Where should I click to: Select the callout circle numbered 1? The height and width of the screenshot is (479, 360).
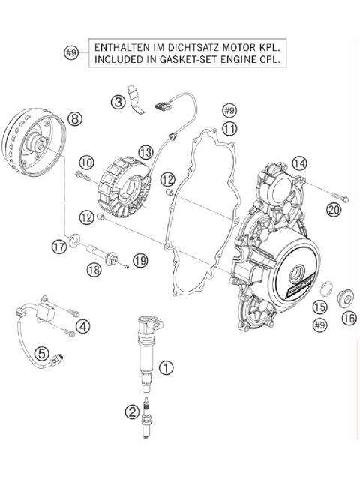[x=167, y=367]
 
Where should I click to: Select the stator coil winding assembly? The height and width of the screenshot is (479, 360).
[x=126, y=183]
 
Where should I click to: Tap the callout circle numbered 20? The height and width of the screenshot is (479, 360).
[x=334, y=210]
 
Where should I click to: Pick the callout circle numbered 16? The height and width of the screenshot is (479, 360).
[x=349, y=319]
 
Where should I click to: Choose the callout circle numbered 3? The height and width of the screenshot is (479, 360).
[x=118, y=102]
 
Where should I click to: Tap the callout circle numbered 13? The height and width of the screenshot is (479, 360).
[x=145, y=152]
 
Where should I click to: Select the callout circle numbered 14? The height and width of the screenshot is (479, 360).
[x=299, y=163]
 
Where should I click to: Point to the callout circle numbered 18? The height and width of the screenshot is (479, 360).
[x=94, y=269]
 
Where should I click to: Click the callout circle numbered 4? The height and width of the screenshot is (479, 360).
[x=83, y=325]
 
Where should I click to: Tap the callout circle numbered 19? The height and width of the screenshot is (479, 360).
[x=139, y=261]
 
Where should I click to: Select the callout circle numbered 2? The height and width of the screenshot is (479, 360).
[x=131, y=410]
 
